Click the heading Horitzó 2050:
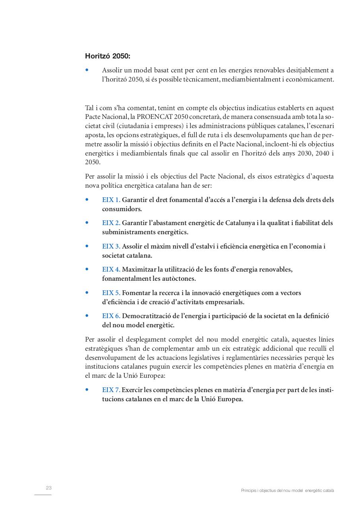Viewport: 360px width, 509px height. click(x=107, y=56)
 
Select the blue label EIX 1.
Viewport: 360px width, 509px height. click(x=111, y=200)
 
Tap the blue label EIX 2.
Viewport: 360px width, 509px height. click(x=111, y=223)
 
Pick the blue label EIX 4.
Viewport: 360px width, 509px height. click(x=111, y=269)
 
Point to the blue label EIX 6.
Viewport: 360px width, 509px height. click(x=111, y=316)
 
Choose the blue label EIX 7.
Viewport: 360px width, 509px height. click(x=111, y=390)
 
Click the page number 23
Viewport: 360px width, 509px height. click(x=49, y=488)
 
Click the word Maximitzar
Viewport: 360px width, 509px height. click(x=139, y=269)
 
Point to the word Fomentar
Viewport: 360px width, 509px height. click(x=135, y=293)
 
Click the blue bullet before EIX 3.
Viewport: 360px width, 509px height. click(x=87, y=246)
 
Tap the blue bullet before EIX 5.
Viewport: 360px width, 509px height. click(x=87, y=293)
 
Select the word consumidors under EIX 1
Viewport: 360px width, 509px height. click(x=122, y=209)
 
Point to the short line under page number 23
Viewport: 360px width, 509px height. click(x=43, y=495)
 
